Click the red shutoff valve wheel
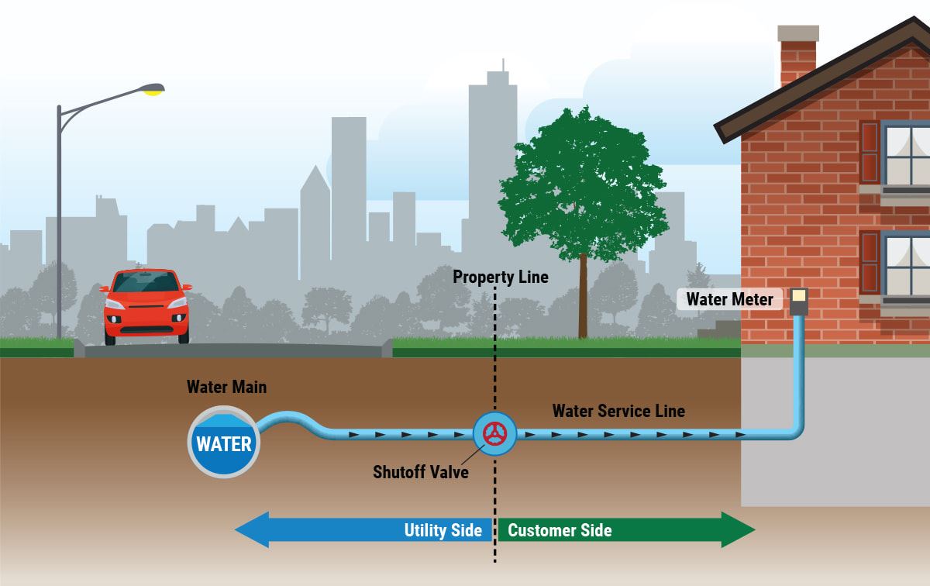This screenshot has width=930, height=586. tap(494, 434)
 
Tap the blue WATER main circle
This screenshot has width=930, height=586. tap(224, 443)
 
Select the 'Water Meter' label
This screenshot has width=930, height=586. tap(729, 299)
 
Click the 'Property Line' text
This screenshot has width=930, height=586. tap(500, 277)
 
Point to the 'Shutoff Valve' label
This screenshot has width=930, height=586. tap(421, 471)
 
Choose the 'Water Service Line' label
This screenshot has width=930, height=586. tap(618, 411)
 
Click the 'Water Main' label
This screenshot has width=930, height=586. tap(226, 387)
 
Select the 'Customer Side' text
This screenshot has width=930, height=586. tap(560, 530)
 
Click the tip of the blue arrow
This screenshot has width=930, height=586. tap(237, 530)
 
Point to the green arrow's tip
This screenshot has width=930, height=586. tap(753, 530)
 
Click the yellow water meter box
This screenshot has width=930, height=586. tap(798, 296)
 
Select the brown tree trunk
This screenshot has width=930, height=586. tap(582, 298)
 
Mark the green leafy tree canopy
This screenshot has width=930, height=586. tap(583, 186)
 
